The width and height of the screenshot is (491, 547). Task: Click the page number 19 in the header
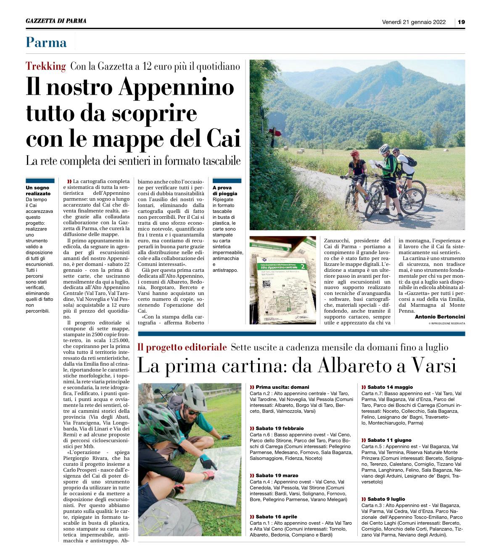pos(461,22)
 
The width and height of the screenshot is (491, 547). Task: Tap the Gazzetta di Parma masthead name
pos(56,21)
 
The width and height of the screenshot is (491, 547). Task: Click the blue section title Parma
pos(46,42)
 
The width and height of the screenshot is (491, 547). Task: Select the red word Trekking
pos(46,66)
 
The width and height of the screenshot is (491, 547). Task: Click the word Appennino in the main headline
pos(177,87)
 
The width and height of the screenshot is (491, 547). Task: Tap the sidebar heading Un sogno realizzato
pos(38,190)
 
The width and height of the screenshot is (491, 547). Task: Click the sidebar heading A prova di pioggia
pos(225,190)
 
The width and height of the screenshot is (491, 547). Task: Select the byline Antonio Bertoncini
pos(440,316)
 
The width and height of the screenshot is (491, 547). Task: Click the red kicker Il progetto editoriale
pos(182,347)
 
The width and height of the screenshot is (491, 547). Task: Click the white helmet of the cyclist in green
pos(384,149)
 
